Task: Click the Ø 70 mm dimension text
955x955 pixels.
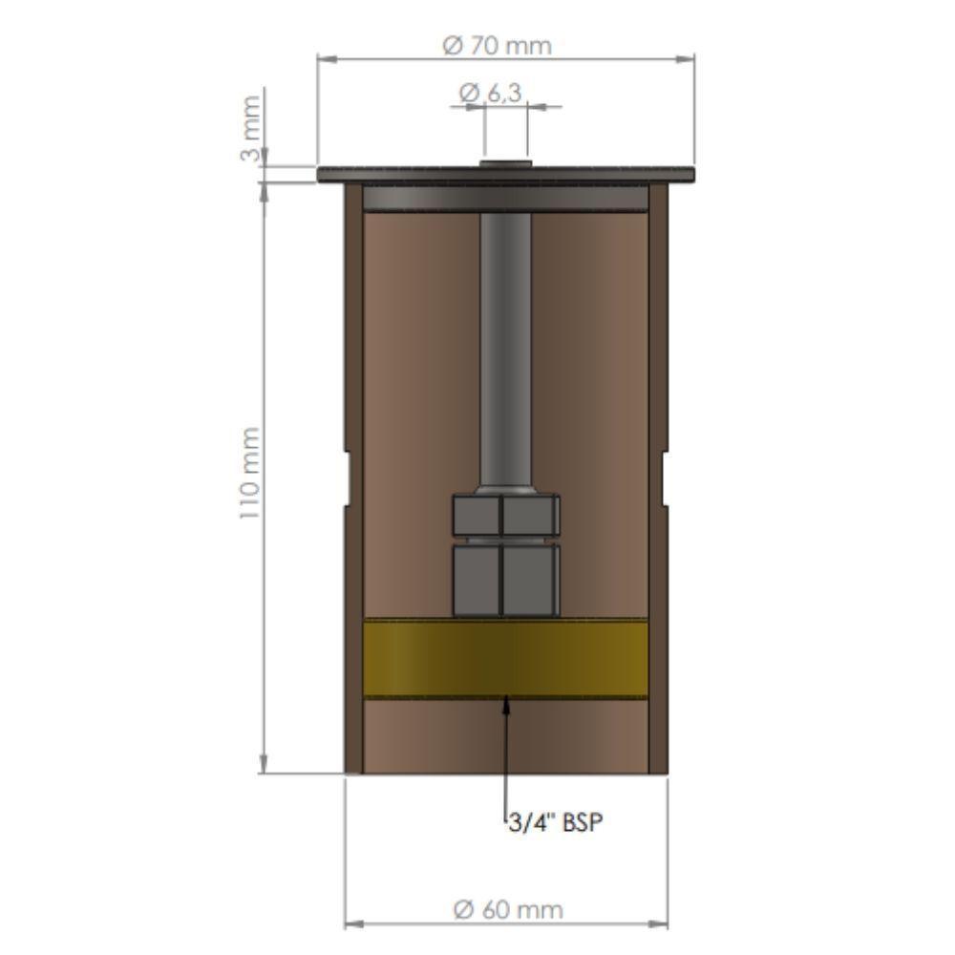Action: point(499,45)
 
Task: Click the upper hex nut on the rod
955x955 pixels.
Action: point(504,515)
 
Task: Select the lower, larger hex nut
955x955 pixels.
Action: point(504,577)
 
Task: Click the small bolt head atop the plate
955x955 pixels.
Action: point(505,164)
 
